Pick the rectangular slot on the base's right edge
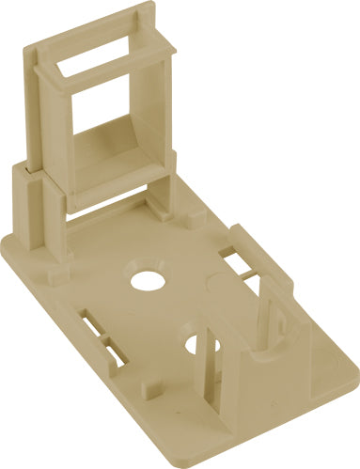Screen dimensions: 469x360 235,259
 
